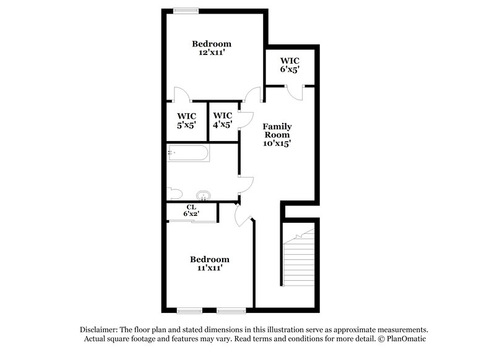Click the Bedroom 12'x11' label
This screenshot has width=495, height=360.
tap(212, 48)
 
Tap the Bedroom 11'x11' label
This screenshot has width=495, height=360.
tap(209, 264)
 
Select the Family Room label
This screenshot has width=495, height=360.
tap(278, 134)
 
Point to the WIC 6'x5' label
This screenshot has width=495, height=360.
tap(290, 65)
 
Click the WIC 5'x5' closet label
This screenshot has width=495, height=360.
tap(186, 120)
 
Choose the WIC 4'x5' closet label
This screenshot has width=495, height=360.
tap(222, 120)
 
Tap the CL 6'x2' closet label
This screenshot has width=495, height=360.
tap(191, 210)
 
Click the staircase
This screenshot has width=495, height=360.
tap(299, 260)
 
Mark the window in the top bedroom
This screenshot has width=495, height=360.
tap(186, 10)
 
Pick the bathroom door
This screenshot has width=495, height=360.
tap(247, 184)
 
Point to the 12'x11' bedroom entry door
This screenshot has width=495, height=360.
tap(252, 95)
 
